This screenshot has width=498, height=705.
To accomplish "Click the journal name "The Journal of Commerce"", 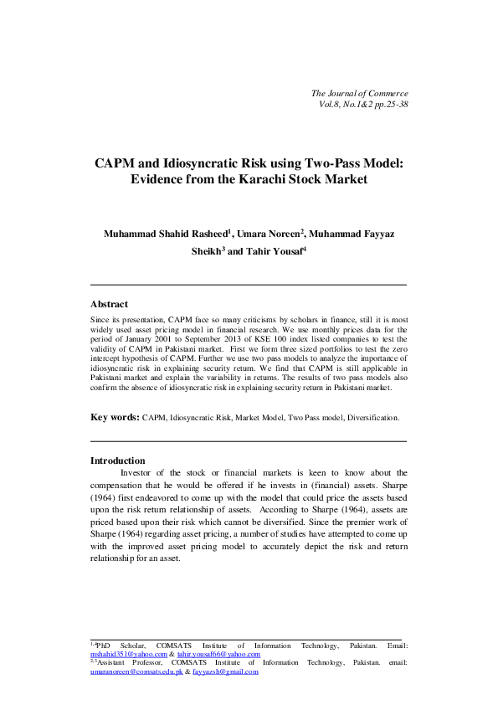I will coord(359,92).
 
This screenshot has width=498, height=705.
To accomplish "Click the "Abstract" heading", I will coord(109,304).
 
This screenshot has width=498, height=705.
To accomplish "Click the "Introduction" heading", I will coord(117,461).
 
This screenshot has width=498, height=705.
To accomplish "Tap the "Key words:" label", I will coord(115,416).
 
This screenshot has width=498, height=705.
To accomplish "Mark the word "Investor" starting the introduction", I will coord(141,472).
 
